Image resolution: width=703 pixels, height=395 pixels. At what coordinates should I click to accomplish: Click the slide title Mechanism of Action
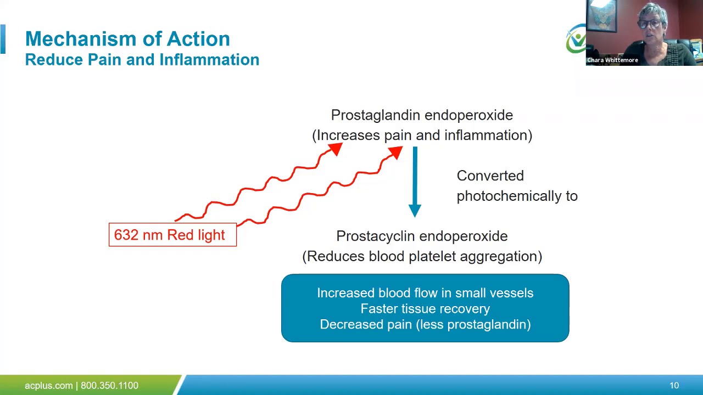point(127,39)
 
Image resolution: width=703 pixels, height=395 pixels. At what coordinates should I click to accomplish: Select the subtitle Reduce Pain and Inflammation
point(142,60)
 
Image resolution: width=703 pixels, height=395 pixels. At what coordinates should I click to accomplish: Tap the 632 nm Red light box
point(172,235)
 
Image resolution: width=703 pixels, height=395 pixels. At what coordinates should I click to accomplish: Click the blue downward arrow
point(415,181)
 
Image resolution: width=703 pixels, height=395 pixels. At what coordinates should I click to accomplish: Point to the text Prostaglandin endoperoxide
point(421,115)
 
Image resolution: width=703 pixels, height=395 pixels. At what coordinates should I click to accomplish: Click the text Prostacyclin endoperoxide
point(421,236)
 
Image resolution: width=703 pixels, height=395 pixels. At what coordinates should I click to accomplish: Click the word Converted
point(490,176)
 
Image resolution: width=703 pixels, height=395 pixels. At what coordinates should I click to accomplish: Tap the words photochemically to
point(516,196)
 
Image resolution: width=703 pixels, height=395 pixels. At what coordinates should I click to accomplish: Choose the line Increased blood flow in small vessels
point(425,293)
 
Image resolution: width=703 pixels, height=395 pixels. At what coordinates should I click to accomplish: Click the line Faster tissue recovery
point(425,309)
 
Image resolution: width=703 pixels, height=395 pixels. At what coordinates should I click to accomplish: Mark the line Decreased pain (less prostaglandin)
point(425,325)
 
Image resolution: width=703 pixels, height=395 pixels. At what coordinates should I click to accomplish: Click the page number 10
point(674,386)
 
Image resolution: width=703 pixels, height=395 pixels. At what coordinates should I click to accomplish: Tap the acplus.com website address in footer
point(48,386)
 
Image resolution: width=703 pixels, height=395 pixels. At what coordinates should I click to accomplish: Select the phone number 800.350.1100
point(109,386)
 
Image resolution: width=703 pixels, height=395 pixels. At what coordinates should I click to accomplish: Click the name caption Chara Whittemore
point(612,60)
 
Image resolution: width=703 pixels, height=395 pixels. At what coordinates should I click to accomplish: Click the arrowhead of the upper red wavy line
point(335,149)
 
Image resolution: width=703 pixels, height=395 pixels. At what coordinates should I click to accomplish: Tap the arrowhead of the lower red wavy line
point(395,154)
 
